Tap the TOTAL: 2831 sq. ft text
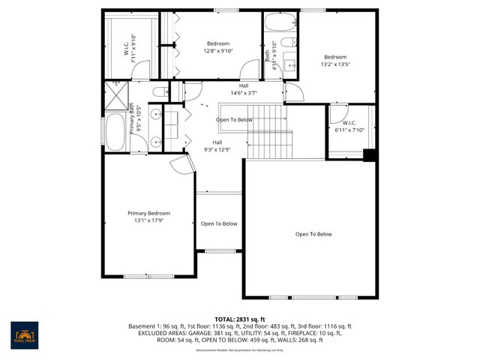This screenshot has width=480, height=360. [x=240, y=319]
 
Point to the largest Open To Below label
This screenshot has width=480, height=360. [x=313, y=234]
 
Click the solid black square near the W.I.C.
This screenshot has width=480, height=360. [x=368, y=155]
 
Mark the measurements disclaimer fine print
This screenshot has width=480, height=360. [x=240, y=349]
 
